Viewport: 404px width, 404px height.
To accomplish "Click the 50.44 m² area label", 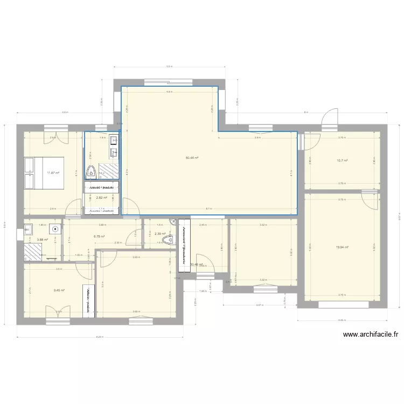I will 192,158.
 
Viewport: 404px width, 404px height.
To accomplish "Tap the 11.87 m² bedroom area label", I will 52,173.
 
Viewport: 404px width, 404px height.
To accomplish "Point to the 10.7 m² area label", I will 342,161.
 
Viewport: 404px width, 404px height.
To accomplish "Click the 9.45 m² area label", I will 59,290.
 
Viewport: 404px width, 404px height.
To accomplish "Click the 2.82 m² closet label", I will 101,198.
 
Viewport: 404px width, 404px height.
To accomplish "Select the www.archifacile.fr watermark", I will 371,335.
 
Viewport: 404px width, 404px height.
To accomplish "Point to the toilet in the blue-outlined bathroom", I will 92,172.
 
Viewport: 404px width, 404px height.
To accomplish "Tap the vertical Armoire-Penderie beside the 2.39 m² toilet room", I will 184,242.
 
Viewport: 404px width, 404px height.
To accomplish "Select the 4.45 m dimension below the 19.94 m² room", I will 342,320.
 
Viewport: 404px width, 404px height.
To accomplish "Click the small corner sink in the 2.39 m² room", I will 172,221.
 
